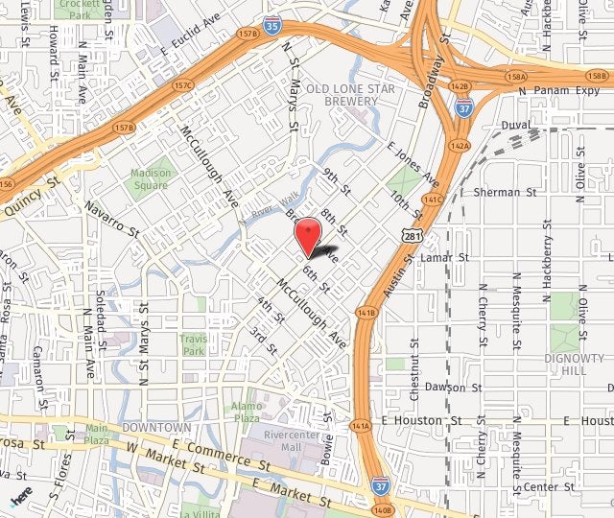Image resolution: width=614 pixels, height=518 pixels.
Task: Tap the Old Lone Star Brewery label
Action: pyautogui.click(x=350, y=94)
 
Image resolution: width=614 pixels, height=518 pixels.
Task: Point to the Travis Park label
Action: pyautogui.click(x=193, y=344)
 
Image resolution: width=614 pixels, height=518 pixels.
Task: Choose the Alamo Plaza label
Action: pyautogui.click(x=248, y=412)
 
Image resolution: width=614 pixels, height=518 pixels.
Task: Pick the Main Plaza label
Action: pyautogui.click(x=97, y=434)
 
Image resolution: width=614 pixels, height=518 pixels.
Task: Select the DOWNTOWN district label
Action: pyautogui.click(x=157, y=426)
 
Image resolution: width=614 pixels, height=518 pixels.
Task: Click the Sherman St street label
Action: pyautogui.click(x=496, y=192)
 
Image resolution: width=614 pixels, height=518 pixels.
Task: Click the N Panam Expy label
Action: pyautogui.click(x=550, y=90)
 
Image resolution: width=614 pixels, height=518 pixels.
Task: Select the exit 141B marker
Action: pyautogui.click(x=366, y=313)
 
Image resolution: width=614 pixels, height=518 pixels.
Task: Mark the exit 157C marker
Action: pyautogui.click(x=184, y=84)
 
